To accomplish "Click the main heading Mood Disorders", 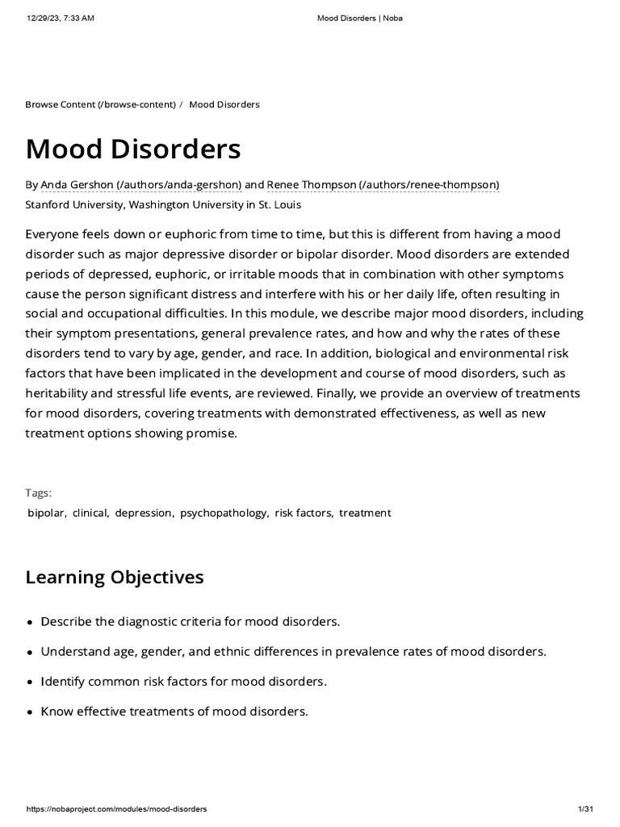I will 133,149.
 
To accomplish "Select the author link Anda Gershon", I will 140,185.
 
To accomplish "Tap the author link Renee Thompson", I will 383,185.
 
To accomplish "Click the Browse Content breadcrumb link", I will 100,105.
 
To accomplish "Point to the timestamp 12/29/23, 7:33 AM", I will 61,19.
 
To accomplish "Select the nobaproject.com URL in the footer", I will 116,808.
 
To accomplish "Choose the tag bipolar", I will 46,513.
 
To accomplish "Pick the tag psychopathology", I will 224,513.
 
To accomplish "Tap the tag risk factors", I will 303,513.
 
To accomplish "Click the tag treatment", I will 365,513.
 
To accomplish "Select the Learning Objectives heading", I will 115,577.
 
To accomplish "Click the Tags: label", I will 39,493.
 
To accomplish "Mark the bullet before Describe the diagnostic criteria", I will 30,623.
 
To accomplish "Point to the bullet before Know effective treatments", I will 30,712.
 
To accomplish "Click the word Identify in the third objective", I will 64,682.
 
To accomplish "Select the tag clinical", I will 90,513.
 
